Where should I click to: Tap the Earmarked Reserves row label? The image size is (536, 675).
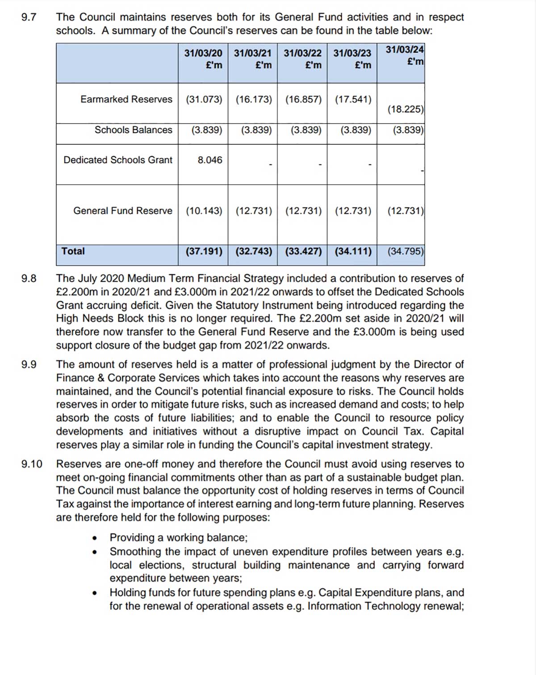pos(126,99)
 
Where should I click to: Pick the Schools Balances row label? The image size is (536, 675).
pos(133,130)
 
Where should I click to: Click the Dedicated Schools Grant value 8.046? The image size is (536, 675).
pos(210,160)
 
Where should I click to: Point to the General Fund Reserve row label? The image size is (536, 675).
pos(122,211)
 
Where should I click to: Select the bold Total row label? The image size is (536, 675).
pos(73,251)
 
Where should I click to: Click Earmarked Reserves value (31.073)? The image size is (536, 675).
pos(204,99)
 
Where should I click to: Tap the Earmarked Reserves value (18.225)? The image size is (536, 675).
pos(405,109)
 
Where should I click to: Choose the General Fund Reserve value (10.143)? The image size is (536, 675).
pos(204,211)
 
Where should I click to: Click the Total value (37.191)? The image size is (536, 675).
pos(204,251)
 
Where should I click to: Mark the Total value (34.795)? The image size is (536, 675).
pos(405,251)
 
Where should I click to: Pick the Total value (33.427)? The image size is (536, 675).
pos(303,251)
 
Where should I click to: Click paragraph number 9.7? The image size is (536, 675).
pos(29,17)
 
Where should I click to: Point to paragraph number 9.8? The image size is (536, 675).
pos(29,278)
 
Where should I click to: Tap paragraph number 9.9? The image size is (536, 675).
pos(29,365)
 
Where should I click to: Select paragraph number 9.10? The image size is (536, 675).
pos(32,464)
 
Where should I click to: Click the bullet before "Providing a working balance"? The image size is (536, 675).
pos(95,538)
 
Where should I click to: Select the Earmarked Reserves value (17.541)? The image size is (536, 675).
pos(353,99)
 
